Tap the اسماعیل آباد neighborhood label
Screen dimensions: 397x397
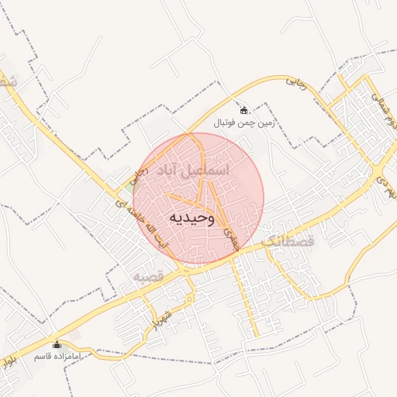[192, 168]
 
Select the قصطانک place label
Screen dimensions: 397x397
[290, 243]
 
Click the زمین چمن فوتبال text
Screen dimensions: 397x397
[244, 123]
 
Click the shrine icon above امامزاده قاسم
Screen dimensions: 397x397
[56, 344]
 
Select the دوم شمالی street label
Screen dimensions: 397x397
[383, 109]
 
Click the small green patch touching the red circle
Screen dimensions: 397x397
[129, 185]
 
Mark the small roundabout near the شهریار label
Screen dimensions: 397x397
[189, 299]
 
